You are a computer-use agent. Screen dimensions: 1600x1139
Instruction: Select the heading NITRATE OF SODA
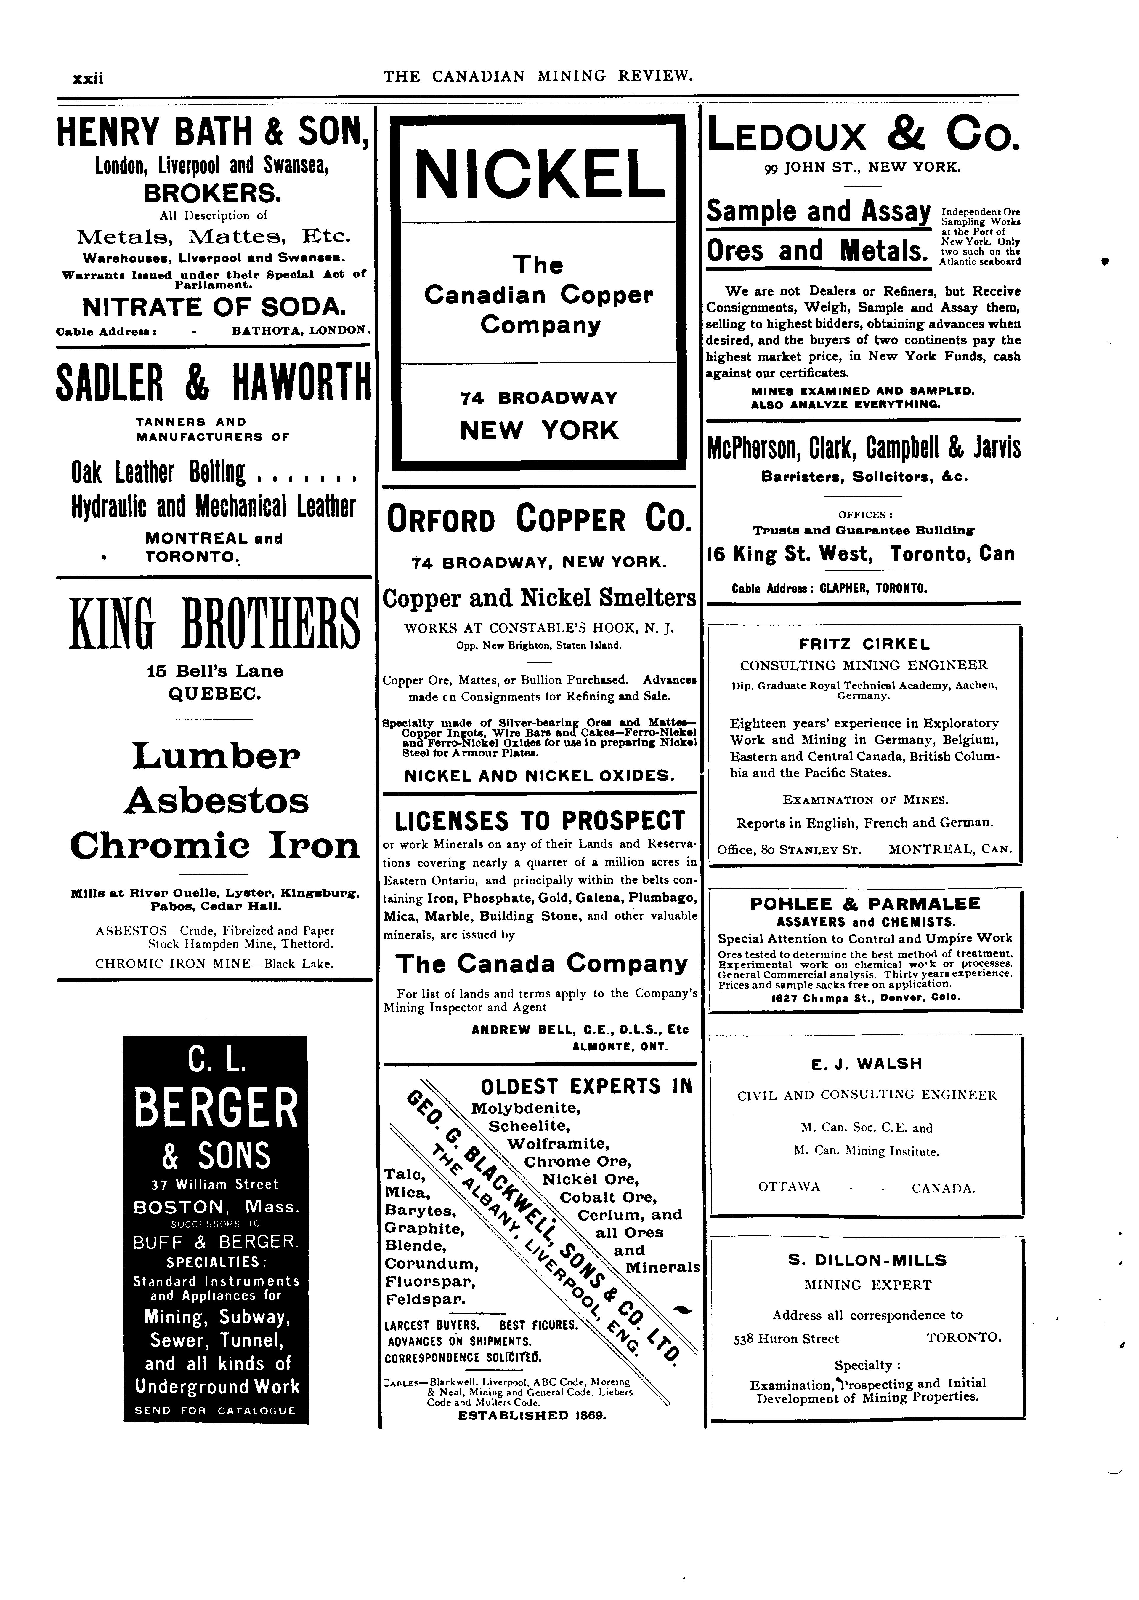[213, 307]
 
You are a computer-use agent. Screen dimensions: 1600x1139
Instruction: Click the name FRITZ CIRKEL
[865, 643]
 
